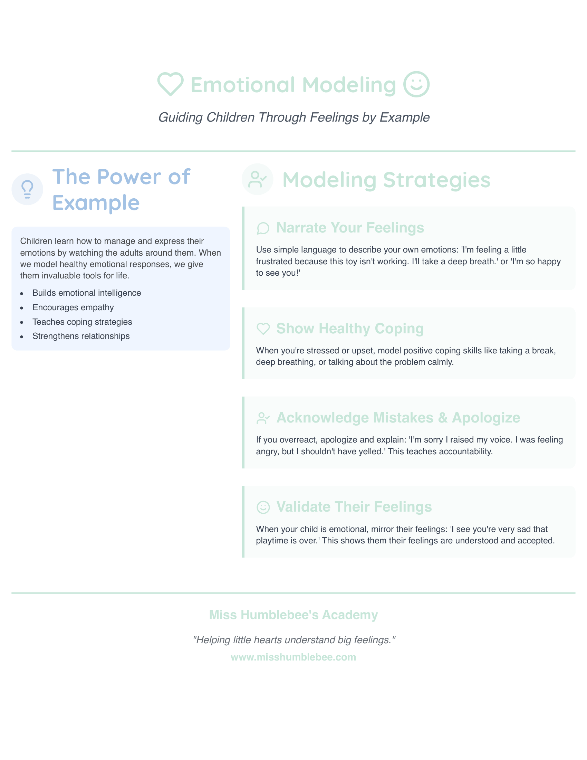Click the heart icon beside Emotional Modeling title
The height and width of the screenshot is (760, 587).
click(170, 84)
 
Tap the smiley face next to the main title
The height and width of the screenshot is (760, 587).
click(416, 84)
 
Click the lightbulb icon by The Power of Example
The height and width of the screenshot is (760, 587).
click(27, 189)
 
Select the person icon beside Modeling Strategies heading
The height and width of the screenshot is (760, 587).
click(257, 179)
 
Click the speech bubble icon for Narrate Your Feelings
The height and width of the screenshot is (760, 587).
click(263, 228)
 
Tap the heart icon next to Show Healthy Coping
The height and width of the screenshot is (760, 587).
click(263, 329)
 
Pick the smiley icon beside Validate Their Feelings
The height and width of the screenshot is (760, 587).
click(263, 507)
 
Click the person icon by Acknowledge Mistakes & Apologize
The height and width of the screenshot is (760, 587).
click(263, 418)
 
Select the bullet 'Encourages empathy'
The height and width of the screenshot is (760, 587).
click(73, 307)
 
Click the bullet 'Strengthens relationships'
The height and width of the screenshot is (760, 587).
click(81, 336)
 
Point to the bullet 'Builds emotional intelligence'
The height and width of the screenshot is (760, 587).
click(87, 293)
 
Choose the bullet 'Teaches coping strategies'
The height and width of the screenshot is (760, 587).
click(82, 322)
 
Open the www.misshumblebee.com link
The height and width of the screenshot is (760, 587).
click(293, 657)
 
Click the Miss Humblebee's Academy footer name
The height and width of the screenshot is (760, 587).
click(293, 615)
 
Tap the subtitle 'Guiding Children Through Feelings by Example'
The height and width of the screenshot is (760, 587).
click(294, 117)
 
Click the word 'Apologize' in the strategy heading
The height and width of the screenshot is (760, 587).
click(486, 418)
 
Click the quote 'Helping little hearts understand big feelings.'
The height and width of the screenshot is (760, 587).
click(294, 640)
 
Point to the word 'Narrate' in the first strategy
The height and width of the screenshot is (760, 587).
click(301, 228)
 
